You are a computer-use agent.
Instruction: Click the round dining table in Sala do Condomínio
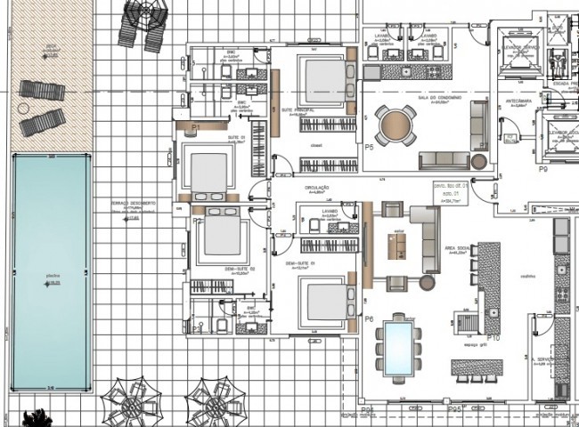click(x=395, y=125)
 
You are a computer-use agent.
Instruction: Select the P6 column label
click(x=369, y=318)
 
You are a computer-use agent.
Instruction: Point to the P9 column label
click(x=543, y=167)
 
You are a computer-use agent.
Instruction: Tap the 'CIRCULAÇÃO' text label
click(x=317, y=188)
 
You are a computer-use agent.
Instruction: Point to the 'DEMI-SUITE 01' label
click(x=300, y=264)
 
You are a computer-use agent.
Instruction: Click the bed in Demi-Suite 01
click(x=318, y=296)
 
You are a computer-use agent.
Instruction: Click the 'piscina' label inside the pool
click(x=53, y=277)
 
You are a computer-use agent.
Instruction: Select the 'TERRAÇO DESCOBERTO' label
click(x=133, y=204)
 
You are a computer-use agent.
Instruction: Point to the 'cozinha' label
click(x=527, y=276)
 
